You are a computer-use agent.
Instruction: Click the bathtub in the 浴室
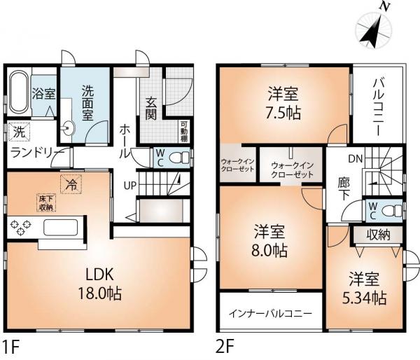click(18, 92)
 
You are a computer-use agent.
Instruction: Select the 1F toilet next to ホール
click(179, 158)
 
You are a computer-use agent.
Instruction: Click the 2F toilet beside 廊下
click(393, 211)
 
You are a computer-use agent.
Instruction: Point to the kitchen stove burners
click(20, 226)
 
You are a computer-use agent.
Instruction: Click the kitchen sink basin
click(61, 228)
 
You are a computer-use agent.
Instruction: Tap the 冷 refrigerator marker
click(71, 184)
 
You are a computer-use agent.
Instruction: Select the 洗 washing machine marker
click(19, 132)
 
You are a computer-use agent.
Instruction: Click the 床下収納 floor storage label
click(45, 203)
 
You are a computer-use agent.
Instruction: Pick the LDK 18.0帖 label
click(99, 284)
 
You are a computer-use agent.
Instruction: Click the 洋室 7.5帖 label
click(283, 104)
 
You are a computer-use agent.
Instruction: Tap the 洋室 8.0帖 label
click(269, 241)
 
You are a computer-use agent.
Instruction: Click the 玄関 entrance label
click(150, 108)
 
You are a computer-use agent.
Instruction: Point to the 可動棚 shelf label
click(184, 132)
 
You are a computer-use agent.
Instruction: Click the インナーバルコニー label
click(270, 313)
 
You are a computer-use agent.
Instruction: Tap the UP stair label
click(130, 185)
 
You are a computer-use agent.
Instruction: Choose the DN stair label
click(355, 159)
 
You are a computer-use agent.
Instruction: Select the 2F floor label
click(225, 346)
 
